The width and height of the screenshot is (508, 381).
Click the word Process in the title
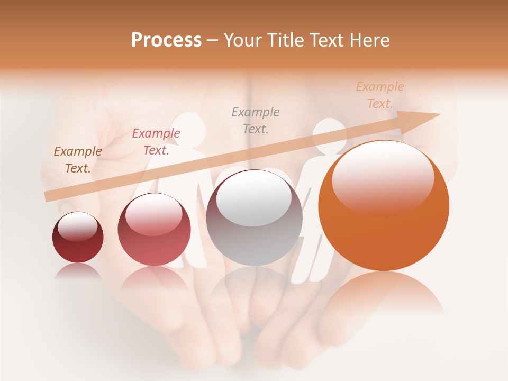(166, 40)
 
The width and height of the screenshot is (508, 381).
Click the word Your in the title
(244, 40)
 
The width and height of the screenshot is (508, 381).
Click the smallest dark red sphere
(78, 238)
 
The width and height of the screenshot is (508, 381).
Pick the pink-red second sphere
(154, 230)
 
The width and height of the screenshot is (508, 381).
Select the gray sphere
(254, 218)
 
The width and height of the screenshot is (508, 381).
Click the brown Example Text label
(78, 160)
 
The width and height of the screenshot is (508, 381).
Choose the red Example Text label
(156, 142)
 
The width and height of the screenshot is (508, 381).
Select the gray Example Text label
(256, 120)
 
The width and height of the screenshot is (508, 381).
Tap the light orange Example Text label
(380, 95)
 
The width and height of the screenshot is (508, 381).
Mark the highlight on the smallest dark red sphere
(78, 226)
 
